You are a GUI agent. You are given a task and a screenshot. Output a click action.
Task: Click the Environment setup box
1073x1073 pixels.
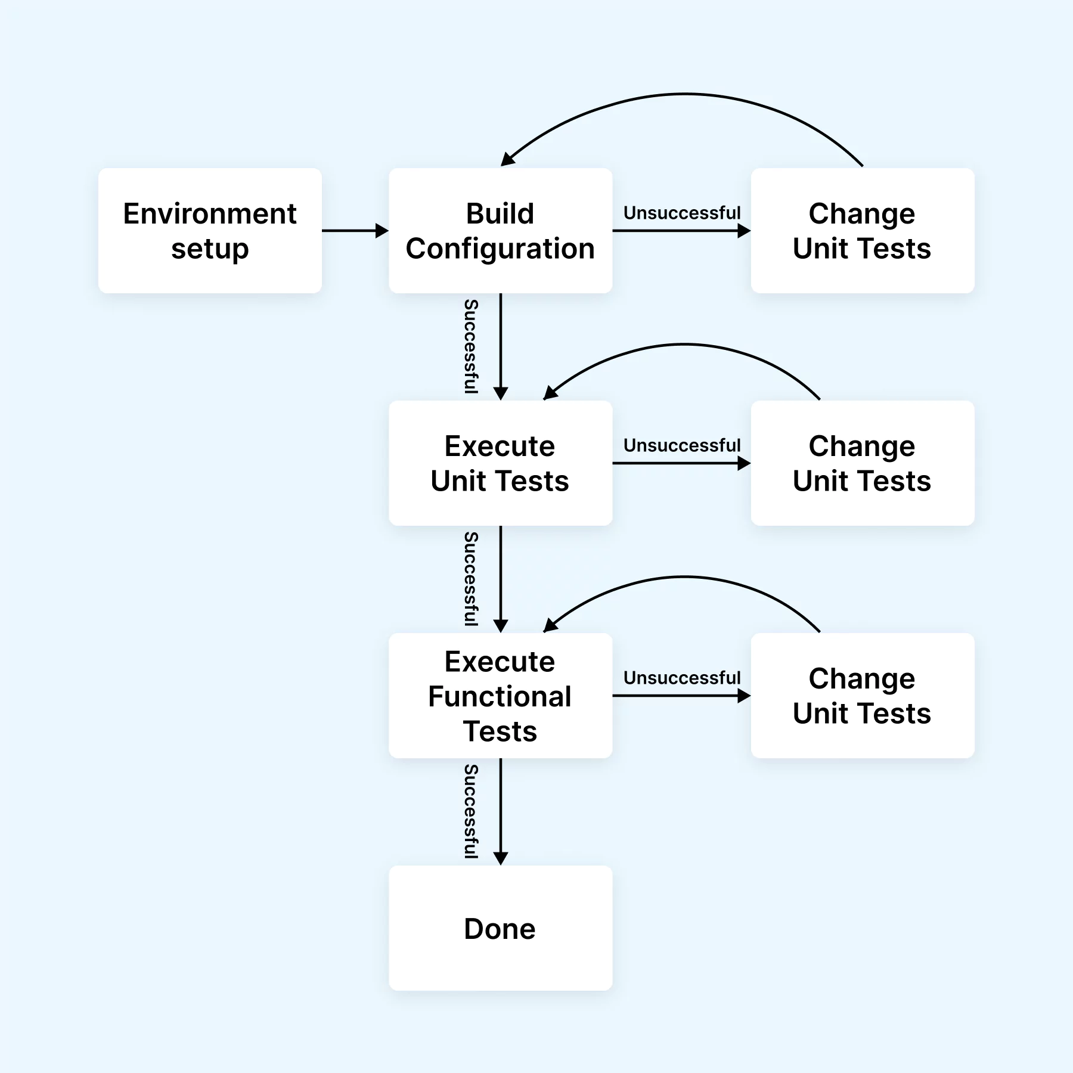tap(210, 231)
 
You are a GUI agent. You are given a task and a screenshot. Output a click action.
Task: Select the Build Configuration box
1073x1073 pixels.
tap(500, 231)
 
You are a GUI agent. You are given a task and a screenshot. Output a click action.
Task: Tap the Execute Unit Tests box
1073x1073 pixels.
tap(500, 463)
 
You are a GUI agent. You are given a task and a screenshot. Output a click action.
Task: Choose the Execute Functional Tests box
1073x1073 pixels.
tap(500, 696)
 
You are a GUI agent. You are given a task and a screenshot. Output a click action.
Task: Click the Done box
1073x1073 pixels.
tap(500, 928)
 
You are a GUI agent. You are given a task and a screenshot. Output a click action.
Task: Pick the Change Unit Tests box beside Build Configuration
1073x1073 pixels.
tap(862, 231)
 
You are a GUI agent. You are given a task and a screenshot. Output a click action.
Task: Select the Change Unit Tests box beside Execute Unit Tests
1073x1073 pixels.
tap(862, 463)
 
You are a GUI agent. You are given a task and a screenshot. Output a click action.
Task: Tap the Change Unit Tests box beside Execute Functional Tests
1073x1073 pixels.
tap(862, 696)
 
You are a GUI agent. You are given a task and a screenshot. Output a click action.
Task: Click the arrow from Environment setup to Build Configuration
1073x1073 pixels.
tap(355, 231)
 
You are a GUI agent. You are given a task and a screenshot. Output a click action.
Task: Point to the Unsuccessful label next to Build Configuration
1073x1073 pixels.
tap(681, 213)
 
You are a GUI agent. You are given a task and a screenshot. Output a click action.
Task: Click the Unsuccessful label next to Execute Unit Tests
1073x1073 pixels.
tap(681, 445)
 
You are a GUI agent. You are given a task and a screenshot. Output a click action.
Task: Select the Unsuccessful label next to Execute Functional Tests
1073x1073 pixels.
tap(681, 678)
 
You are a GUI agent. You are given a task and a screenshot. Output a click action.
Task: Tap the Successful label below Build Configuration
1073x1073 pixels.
tap(471, 346)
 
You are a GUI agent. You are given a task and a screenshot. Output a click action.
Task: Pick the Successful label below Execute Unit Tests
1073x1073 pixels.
tap(471, 579)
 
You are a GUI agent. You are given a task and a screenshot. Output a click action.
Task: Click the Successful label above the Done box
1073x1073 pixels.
tap(471, 811)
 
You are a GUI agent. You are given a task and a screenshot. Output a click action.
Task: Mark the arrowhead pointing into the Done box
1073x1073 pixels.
tap(501, 858)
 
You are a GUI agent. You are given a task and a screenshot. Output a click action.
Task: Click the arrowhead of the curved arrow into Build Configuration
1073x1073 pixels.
tap(507, 159)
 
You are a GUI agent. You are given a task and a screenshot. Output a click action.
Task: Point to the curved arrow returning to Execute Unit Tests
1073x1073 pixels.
tap(684, 345)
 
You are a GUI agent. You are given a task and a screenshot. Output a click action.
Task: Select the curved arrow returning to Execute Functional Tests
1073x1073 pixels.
tap(684, 577)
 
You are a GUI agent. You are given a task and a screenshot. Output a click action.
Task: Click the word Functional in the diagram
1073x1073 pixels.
tap(500, 696)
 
